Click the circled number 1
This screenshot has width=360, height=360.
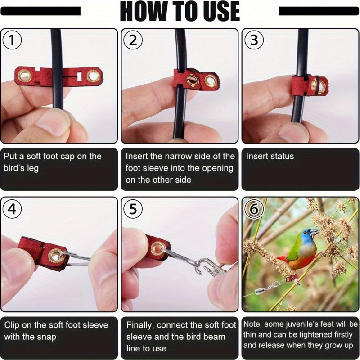pos(12,40)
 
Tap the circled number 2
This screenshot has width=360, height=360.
pos(133,40)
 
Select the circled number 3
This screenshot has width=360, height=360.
pos(254,40)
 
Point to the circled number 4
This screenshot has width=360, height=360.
pos(12,209)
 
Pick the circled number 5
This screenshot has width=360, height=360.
pos(133,209)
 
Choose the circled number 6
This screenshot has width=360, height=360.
pos(254,209)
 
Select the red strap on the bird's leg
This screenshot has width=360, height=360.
pos(290,278)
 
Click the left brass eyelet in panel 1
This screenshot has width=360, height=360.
pos(24,76)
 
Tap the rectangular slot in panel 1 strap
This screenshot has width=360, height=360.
pos(80,76)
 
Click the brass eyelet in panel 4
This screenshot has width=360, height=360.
pos(56,256)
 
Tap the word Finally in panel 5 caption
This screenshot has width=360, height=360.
pos(139,325)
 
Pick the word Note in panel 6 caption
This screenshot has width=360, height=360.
pos(252,324)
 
